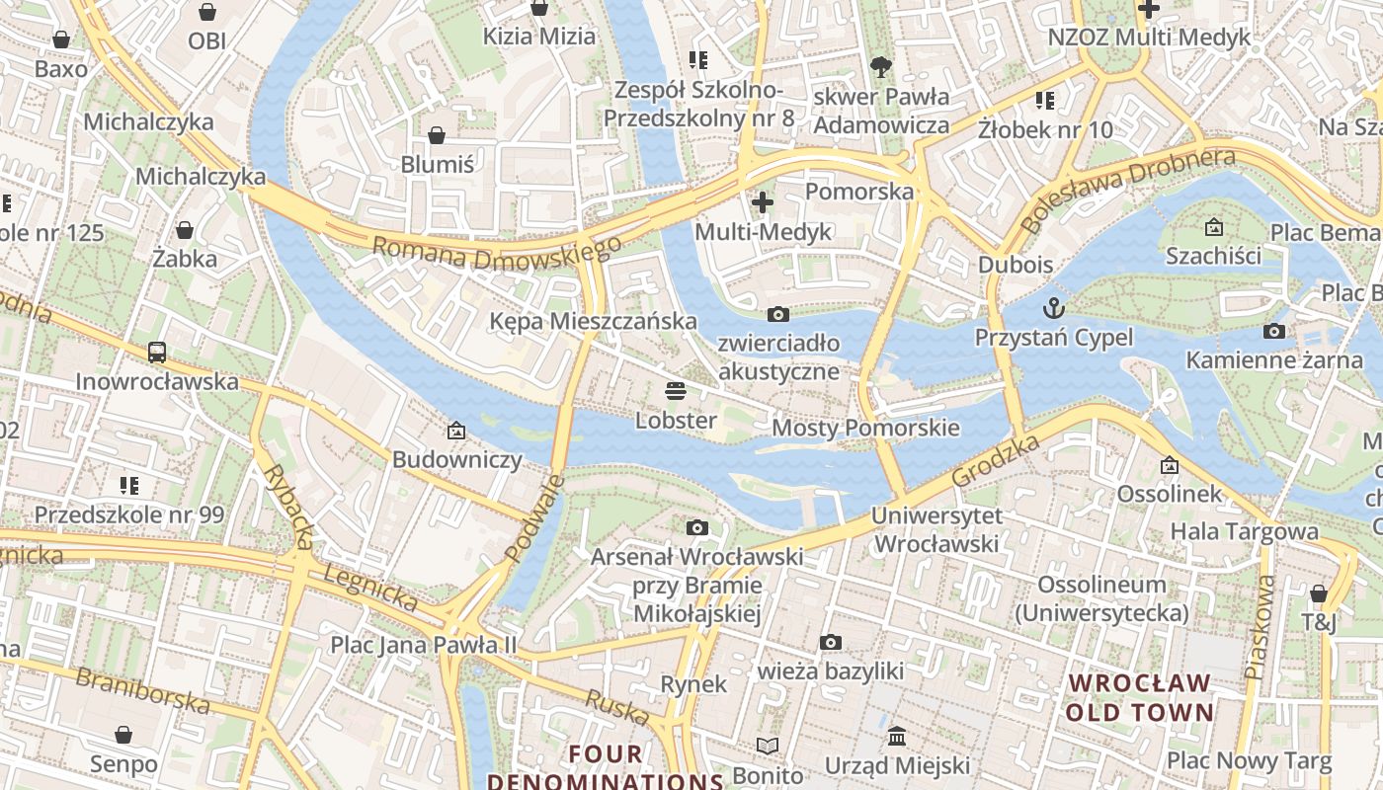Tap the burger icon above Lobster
676,390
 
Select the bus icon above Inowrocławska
157,351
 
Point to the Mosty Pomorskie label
865,428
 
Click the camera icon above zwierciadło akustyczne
778,314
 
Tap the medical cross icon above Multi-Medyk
763,202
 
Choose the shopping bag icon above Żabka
185,230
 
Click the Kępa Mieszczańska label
593,321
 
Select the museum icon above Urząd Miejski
897,736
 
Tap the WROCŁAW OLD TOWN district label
1140,697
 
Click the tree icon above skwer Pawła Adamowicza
881,67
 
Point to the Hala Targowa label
1244,531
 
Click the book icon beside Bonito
768,746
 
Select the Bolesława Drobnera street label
1128,190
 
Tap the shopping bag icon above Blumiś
437,134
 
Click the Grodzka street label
996,460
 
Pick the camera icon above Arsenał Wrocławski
697,527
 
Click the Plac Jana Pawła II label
423,645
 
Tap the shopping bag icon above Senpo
123,735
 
